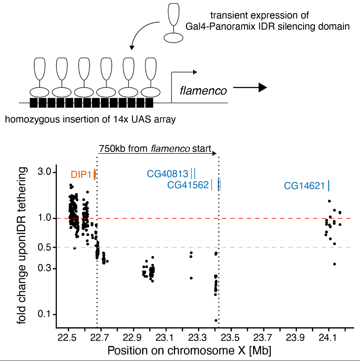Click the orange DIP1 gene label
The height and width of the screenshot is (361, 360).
pyautogui.click(x=82, y=175)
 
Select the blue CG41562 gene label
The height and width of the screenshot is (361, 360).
pyautogui.click(x=188, y=186)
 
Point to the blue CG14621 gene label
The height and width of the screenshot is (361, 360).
pyautogui.click(x=305, y=186)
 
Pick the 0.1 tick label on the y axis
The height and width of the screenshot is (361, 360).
pyautogui.click(x=48, y=314)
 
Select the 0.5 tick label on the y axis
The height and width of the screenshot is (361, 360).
pyautogui.click(x=48, y=247)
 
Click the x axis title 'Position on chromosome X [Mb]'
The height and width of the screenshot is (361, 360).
pyautogui.click(x=190, y=351)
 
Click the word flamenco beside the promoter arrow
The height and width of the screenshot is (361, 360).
pyautogui.click(x=203, y=90)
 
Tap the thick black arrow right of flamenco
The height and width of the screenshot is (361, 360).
pyautogui.click(x=250, y=88)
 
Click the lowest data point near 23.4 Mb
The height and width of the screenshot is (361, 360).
pyautogui.click(x=216, y=320)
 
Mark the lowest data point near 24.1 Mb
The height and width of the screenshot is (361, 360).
pyautogui.click(x=335, y=264)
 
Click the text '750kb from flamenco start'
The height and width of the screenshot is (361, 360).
pyautogui.click(x=155, y=149)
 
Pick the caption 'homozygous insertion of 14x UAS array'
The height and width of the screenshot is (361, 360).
pyautogui.click(x=90, y=119)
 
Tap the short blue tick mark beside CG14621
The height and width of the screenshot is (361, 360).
pyautogui.click(x=328, y=186)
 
